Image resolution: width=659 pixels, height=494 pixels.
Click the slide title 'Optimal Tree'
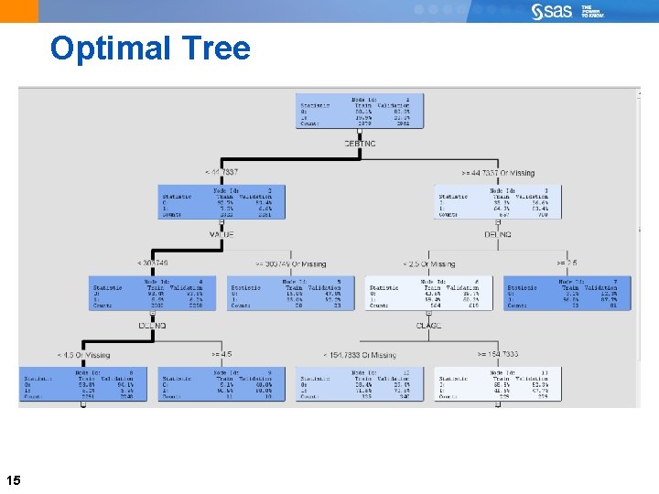(150, 48)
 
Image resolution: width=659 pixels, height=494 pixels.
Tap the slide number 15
(14, 479)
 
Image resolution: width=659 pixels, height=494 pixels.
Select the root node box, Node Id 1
(360, 111)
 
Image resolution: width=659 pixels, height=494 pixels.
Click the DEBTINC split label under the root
(360, 145)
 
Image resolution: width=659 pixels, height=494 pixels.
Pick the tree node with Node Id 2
(221, 201)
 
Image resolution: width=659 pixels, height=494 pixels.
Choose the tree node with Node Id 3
(497, 201)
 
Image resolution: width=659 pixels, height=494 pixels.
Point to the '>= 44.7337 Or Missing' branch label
(498, 173)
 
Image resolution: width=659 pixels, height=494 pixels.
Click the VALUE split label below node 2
(221, 235)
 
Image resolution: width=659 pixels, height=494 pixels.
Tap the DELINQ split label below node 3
(497, 235)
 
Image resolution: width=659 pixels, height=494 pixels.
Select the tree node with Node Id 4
(152, 292)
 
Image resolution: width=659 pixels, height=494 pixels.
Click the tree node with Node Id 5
(290, 292)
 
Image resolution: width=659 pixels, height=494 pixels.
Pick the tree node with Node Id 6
(429, 292)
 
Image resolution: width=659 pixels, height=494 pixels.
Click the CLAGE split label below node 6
(429, 326)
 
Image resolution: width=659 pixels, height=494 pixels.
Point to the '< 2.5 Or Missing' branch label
(429, 263)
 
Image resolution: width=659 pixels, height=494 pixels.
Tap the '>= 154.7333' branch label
(498, 354)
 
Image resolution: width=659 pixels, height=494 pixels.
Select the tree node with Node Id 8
(83, 383)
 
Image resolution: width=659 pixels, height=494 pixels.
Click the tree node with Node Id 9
(221, 383)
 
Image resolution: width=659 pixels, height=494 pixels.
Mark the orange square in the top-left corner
(18, 11)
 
